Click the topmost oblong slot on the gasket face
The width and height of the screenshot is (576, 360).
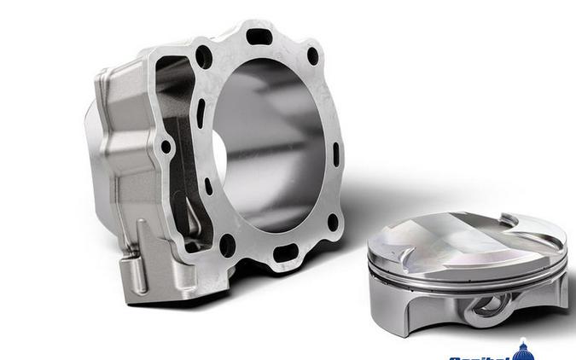259,37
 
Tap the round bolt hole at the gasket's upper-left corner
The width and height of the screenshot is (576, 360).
203,58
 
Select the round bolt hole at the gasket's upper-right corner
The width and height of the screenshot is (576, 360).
313,56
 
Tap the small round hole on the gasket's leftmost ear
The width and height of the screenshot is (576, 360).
166,147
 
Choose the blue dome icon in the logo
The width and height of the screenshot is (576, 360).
523,349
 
